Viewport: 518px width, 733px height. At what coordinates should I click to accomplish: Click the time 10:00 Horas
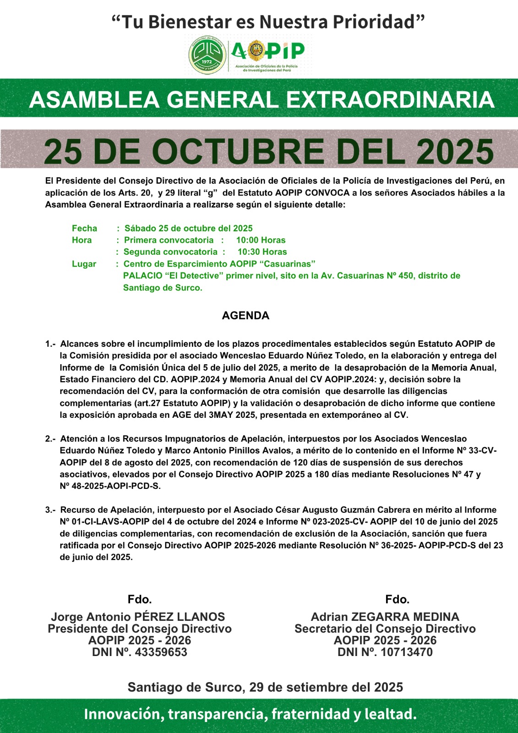click(x=261, y=240)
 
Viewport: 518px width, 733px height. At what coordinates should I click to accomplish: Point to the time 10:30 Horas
click(x=262, y=252)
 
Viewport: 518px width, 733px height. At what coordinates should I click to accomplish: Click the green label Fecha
click(x=84, y=228)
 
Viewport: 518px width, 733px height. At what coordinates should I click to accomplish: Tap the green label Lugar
click(x=84, y=264)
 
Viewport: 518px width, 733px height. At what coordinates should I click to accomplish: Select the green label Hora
click(x=82, y=240)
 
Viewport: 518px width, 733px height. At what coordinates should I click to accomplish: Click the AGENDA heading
click(x=245, y=316)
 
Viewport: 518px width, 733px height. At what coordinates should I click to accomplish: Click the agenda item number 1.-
click(x=50, y=344)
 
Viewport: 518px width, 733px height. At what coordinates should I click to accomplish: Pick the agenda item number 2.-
click(x=50, y=439)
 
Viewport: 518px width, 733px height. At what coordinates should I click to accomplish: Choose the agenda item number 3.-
click(x=50, y=510)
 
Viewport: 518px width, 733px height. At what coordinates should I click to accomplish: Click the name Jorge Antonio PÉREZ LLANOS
click(x=138, y=617)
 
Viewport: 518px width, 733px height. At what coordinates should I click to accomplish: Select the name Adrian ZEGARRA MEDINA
click(x=385, y=617)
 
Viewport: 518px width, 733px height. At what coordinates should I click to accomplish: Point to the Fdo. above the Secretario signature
click(x=397, y=599)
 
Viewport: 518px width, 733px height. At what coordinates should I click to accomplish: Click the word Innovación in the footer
click(x=122, y=714)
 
